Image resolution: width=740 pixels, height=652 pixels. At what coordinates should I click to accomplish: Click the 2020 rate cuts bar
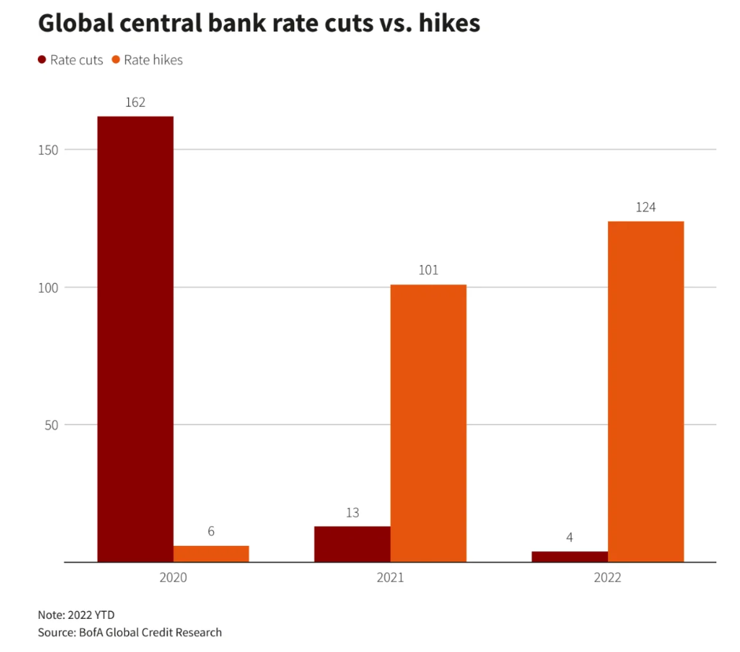click(x=135, y=339)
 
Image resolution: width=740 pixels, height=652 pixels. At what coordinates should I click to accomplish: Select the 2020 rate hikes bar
click(x=211, y=554)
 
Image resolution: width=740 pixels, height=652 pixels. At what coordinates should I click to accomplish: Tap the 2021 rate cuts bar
click(x=352, y=544)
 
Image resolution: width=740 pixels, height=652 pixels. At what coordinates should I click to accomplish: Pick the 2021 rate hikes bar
click(x=428, y=423)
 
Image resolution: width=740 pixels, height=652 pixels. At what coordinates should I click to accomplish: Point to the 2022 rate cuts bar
click(x=569, y=557)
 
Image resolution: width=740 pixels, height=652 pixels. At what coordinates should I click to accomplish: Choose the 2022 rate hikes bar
click(x=646, y=392)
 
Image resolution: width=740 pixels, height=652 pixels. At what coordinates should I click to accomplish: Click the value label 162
click(x=135, y=102)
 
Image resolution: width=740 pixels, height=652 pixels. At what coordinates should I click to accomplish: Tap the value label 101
click(x=428, y=271)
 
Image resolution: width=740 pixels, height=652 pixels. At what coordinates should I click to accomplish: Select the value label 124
click(x=646, y=208)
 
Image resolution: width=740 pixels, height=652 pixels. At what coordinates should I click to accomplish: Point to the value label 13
click(x=352, y=513)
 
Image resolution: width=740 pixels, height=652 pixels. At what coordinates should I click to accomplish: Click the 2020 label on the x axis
click(x=173, y=578)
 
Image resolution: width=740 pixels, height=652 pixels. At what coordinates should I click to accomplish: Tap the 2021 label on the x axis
click(x=390, y=578)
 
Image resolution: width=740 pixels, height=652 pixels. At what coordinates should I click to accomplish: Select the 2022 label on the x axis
click(x=608, y=578)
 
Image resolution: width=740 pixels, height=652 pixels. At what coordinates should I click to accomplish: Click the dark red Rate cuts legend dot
click(x=42, y=60)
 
